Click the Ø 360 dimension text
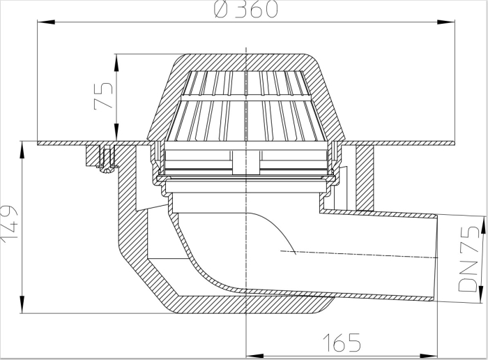[245, 9]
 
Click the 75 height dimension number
[103, 96]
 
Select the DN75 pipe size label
[469, 259]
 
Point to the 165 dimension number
[342, 343]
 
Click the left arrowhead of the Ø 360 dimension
[46, 22]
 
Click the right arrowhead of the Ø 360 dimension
[445, 22]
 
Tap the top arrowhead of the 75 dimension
[116, 63]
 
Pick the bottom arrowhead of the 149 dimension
[22, 304]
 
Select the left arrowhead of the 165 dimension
[255, 356]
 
